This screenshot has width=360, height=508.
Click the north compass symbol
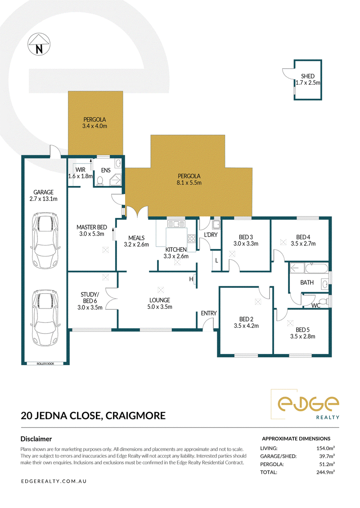click(39, 44)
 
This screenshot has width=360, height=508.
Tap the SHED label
click(307, 76)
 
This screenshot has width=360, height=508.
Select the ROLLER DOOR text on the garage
click(45, 364)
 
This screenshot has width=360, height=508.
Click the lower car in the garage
click(45, 318)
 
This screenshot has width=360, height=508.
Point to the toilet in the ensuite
click(100, 181)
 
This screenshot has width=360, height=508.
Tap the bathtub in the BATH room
click(316, 268)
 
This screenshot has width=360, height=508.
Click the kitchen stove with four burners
click(192, 239)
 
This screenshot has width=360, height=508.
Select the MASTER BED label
click(92, 227)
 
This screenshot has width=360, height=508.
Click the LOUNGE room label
click(160, 300)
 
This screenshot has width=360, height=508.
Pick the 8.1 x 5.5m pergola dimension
click(189, 183)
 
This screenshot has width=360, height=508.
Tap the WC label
click(315, 305)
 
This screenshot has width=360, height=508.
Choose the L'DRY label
click(211, 235)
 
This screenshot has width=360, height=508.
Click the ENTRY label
click(209, 313)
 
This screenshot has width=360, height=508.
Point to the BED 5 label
click(303, 330)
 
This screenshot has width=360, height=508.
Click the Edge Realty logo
click(305, 404)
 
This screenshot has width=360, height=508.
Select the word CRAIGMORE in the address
click(135, 416)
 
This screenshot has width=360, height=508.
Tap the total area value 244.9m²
click(325, 472)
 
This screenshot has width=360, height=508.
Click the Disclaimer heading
click(36, 439)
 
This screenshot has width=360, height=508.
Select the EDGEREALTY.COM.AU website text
click(54, 481)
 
